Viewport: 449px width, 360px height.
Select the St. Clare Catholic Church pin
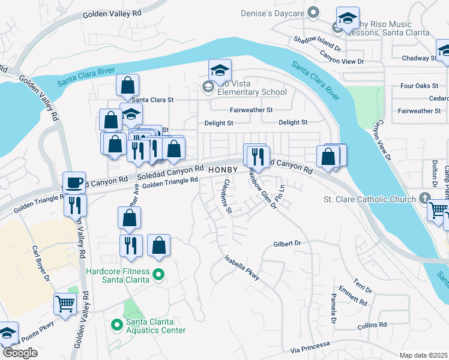click(425, 199)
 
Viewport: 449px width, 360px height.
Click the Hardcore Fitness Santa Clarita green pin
click(158, 275)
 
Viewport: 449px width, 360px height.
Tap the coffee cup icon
click(74, 182)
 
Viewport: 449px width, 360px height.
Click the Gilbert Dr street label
click(286, 244)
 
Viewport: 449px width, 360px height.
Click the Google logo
click(19, 353)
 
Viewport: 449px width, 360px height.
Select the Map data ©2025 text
click(423, 355)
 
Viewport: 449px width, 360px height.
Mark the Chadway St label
click(420, 58)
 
